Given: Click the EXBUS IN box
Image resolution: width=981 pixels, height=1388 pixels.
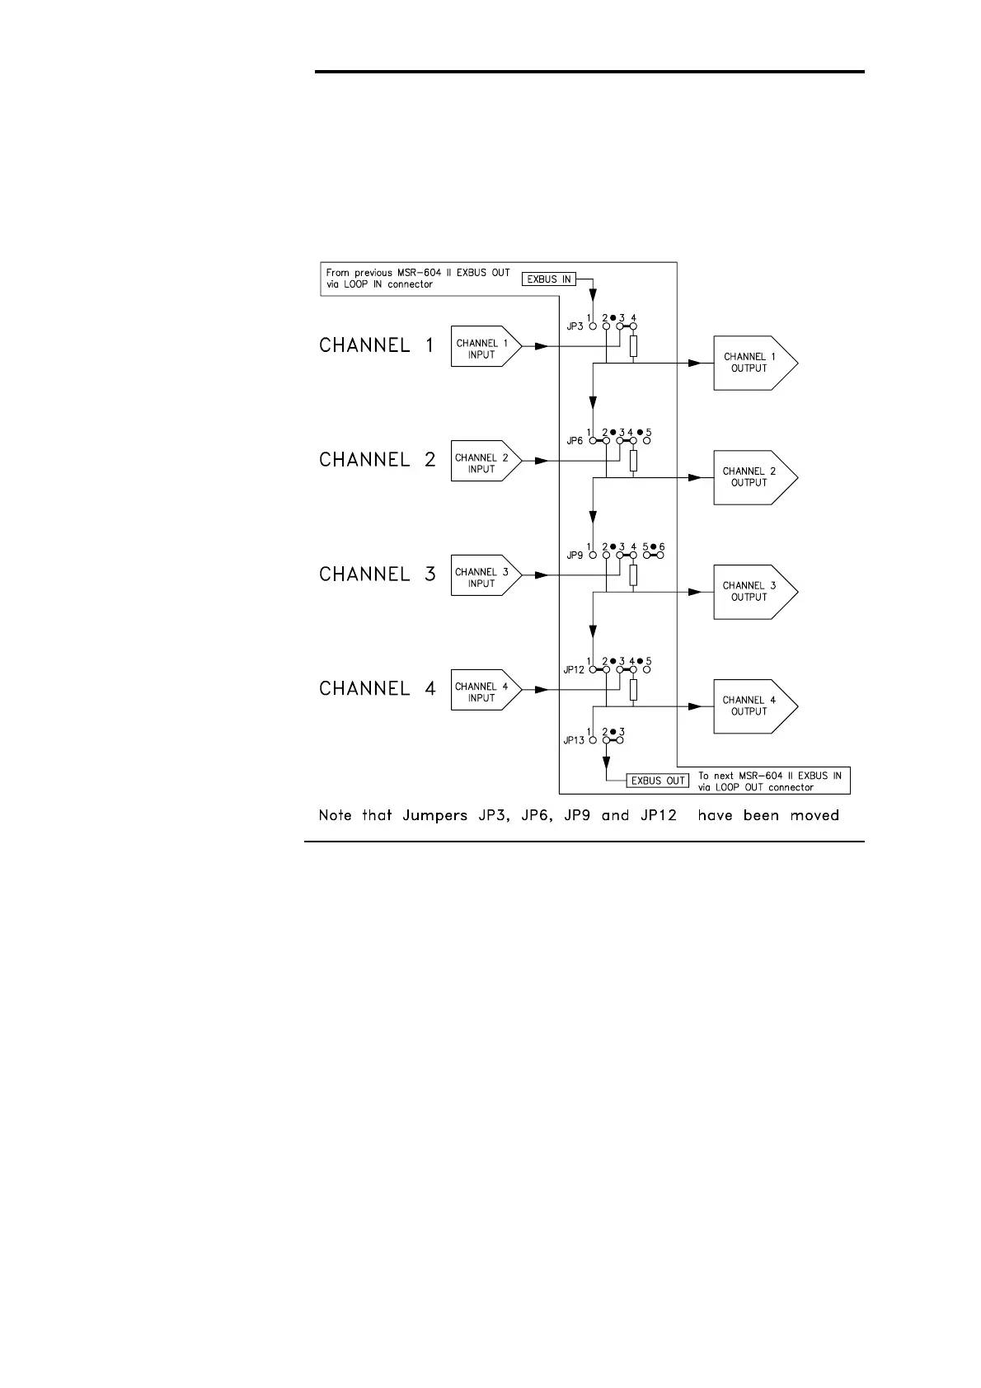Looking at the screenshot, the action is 548,279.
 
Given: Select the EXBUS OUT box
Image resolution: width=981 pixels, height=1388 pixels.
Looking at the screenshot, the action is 658,781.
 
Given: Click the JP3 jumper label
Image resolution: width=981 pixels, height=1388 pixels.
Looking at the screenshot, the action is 575,326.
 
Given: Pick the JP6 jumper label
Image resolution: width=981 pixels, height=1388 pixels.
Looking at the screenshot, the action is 575,441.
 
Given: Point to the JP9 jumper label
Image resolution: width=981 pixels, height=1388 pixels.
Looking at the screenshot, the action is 575,556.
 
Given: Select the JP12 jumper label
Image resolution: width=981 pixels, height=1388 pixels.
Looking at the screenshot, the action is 574,670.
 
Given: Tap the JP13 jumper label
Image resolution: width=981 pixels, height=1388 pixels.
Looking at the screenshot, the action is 574,740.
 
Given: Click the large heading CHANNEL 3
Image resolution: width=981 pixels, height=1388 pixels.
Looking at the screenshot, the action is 377,574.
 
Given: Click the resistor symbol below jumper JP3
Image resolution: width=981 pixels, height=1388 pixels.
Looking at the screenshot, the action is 633,348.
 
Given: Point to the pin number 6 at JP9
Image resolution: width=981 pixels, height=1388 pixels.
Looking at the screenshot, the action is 662,547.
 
